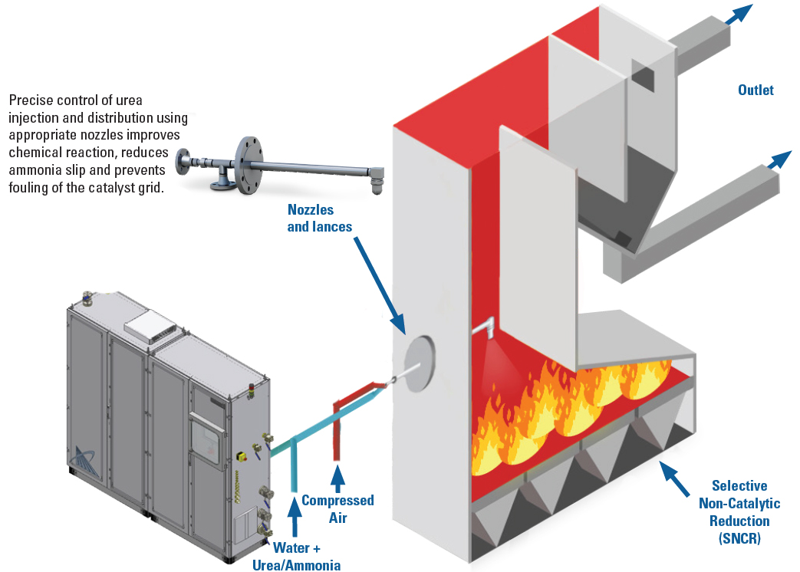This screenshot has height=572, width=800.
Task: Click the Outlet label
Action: click(756, 90)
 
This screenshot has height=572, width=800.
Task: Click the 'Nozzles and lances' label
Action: click(311, 218)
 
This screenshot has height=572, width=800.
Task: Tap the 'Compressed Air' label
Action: click(337, 508)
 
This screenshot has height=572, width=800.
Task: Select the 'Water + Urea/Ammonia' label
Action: click(296, 557)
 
